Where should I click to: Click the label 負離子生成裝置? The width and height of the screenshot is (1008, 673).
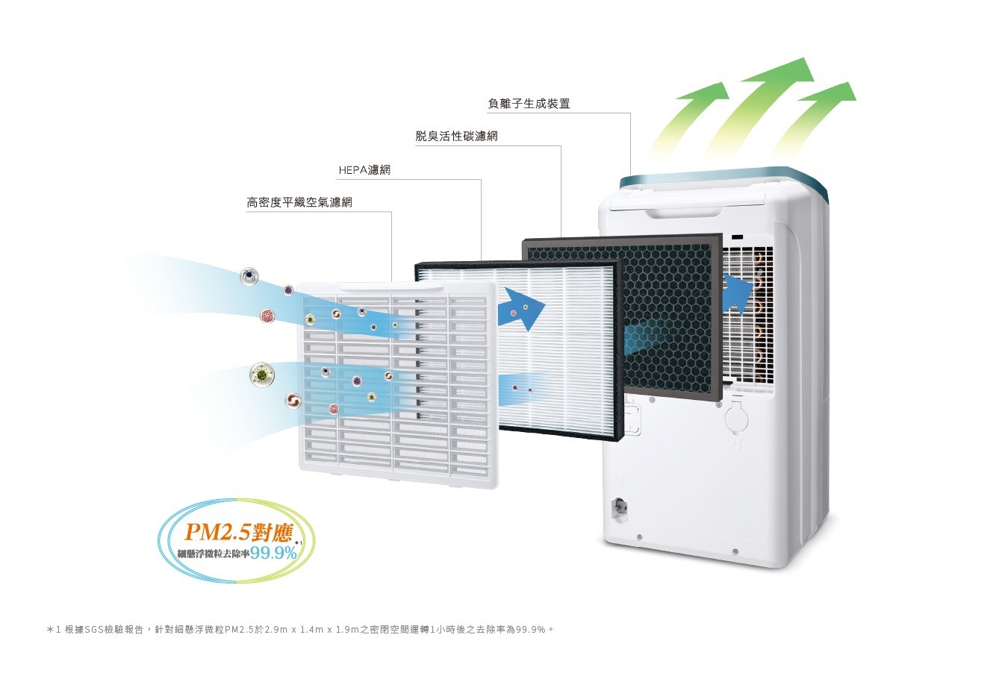click(529, 104)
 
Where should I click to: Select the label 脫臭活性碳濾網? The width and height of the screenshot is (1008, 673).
click(456, 137)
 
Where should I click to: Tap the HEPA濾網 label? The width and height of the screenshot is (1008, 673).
click(364, 170)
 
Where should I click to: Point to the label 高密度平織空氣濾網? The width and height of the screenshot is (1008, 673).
click(299, 202)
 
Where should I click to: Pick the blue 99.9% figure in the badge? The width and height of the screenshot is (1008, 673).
click(274, 554)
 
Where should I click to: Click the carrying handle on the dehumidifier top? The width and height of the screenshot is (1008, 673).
click(687, 210)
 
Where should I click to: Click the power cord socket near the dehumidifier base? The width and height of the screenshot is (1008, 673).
click(618, 507)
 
